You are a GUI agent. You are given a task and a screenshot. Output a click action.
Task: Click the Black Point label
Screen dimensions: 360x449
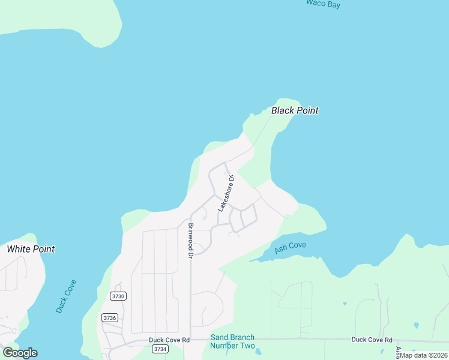click(x=294, y=110)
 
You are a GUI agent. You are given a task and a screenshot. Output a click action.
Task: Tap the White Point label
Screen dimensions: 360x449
click(x=31, y=249)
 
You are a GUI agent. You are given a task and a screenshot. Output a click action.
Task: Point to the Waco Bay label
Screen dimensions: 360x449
click(x=323, y=4)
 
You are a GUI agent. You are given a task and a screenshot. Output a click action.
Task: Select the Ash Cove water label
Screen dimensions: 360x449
click(x=290, y=248)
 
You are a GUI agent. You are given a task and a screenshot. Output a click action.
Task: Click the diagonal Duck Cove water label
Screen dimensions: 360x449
click(x=66, y=296)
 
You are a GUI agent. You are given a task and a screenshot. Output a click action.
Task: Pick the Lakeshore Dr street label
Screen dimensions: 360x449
click(x=224, y=193)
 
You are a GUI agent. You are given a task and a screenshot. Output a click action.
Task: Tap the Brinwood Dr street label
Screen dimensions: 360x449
click(x=190, y=241)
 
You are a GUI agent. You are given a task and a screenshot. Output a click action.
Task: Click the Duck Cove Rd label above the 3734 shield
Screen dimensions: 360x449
click(x=169, y=340)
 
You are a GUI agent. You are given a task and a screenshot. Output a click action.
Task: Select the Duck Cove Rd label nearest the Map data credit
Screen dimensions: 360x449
click(x=372, y=340)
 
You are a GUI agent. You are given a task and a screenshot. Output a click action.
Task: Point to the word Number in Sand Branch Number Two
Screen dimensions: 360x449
click(x=224, y=346)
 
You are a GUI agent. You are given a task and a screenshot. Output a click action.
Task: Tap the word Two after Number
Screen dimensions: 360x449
click(x=248, y=346)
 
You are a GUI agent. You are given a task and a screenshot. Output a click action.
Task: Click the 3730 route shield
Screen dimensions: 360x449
click(x=118, y=296)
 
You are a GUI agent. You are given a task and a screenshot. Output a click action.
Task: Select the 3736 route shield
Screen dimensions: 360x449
click(x=109, y=318)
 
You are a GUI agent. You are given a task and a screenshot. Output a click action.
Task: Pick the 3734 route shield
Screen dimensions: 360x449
click(x=160, y=349)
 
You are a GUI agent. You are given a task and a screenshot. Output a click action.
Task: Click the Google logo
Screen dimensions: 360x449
click(x=20, y=353)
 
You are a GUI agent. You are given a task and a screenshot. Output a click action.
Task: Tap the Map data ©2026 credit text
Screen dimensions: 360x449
click(x=424, y=355)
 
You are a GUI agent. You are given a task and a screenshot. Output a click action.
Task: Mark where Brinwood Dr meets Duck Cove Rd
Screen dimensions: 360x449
click(x=191, y=340)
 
